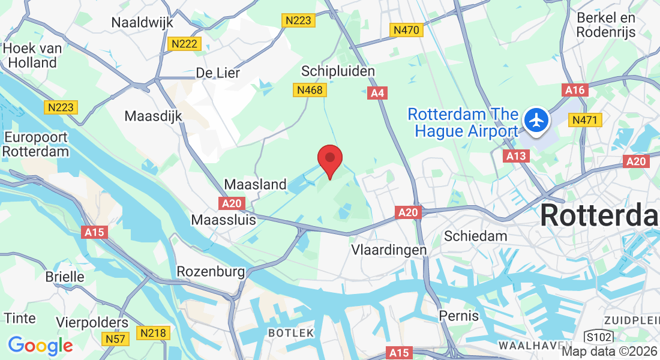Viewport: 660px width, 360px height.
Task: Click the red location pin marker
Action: coord(329,160)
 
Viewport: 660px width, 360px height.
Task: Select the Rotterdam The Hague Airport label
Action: coord(462,122)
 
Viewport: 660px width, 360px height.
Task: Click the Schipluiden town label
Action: coord(338,71)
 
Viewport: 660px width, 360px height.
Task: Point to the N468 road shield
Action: coord(310,91)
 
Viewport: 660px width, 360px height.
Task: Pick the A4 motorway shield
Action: coord(377,93)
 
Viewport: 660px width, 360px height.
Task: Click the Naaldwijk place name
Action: coord(142,23)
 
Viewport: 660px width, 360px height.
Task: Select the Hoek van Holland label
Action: coord(29,55)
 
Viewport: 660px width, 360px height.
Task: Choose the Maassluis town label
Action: coord(223,220)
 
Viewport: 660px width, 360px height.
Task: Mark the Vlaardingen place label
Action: coord(389,250)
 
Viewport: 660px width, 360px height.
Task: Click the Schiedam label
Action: coord(475,236)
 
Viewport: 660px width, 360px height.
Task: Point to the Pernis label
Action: coord(459,316)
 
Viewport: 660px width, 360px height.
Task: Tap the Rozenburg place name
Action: coord(211,272)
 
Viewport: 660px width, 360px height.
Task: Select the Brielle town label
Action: coord(65,277)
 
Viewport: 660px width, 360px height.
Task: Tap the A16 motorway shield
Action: coord(575,90)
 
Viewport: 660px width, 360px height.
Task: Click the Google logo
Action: coord(40,346)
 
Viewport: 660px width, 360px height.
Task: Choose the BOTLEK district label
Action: coord(290,332)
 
